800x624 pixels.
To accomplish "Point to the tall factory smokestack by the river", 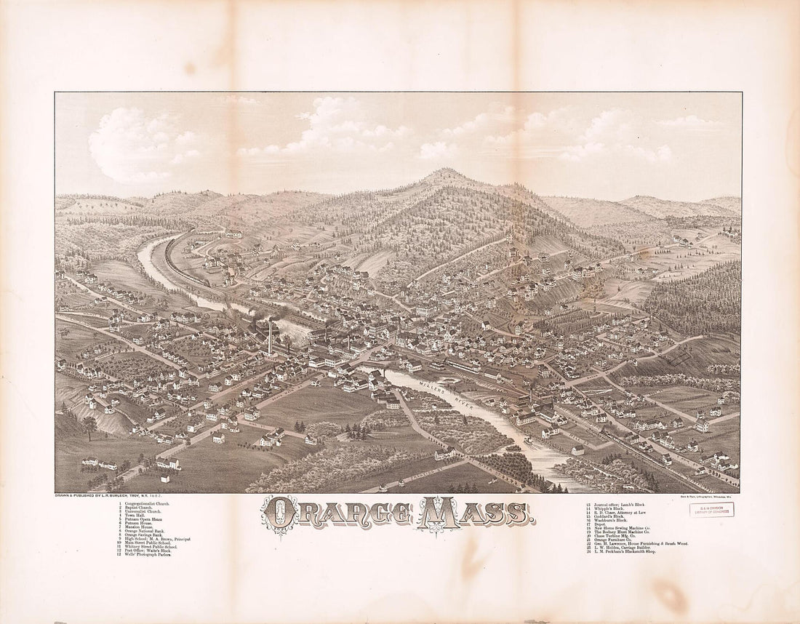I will (x=269, y=336).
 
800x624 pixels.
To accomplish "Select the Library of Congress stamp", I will (x=711, y=510).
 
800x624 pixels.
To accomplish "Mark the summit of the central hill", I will (x=444, y=172).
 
